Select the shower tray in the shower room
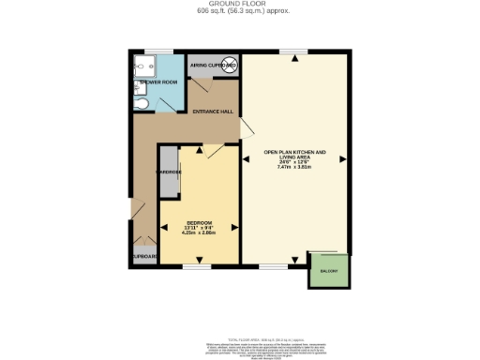pyautogui.click(x=145, y=67)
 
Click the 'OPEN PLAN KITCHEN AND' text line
pyautogui.click(x=294, y=153)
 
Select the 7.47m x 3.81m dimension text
pyautogui.click(x=294, y=167)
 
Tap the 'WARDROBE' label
pyautogui.click(x=169, y=173)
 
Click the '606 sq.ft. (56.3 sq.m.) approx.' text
pyautogui.click(x=239, y=13)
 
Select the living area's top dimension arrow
pyautogui.click(x=294, y=58)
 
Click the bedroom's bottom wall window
pyautogui.click(x=197, y=267)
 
